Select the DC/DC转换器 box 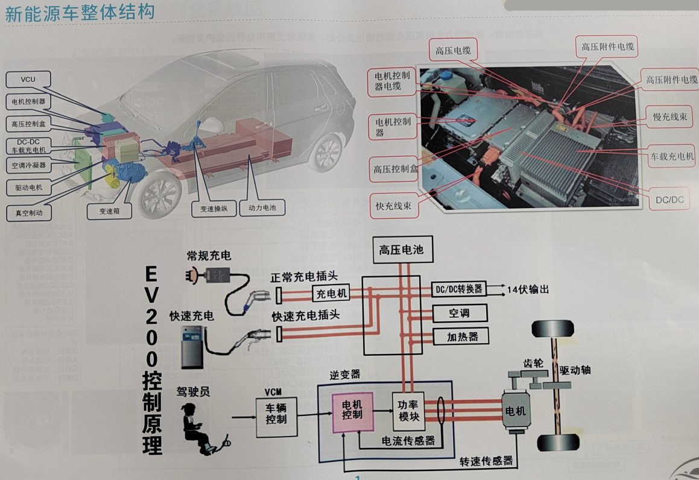click(x=459, y=289)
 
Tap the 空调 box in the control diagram click(x=459, y=313)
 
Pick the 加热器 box click(x=459, y=336)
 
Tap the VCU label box click(x=28, y=80)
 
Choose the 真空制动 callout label click(x=28, y=212)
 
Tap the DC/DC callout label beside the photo click(x=669, y=200)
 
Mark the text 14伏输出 click(x=528, y=289)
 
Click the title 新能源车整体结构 click(x=80, y=12)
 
